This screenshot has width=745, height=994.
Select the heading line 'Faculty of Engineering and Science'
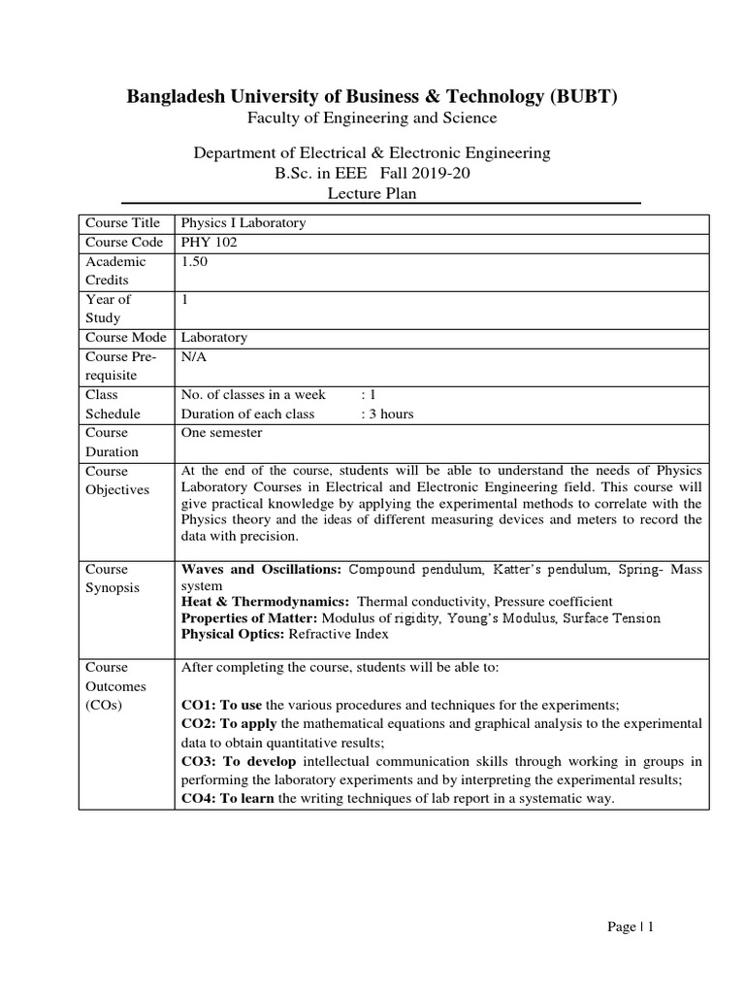coord(372,117)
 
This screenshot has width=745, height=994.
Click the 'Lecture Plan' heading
coord(372,193)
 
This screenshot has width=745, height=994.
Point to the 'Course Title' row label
coord(122,222)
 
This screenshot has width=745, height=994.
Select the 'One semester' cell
coord(222,433)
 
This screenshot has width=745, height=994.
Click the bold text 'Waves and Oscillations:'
coord(262,569)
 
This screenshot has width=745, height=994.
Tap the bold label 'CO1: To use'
coord(222,705)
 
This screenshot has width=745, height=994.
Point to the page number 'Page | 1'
coord(631,927)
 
